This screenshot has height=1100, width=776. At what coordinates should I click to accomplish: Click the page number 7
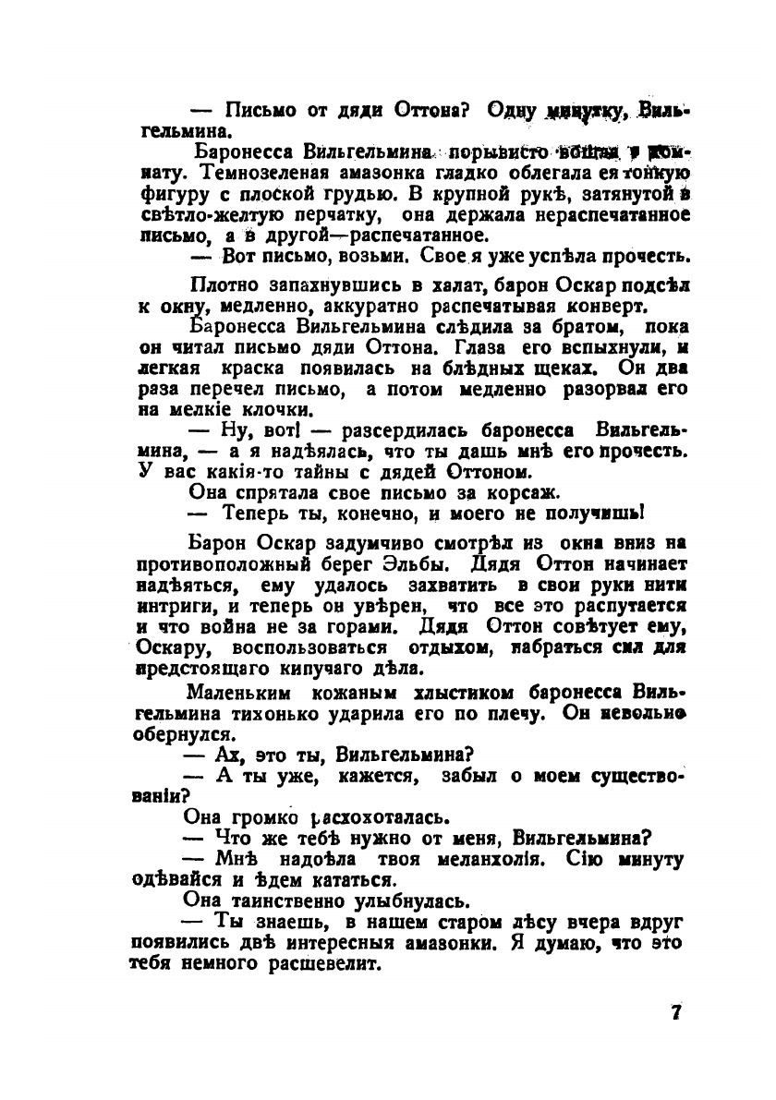point(676,1011)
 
